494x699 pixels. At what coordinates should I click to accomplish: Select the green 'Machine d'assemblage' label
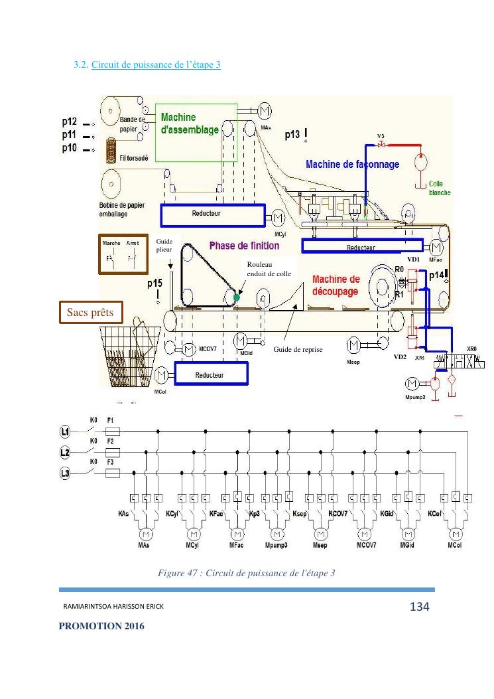click(x=190, y=124)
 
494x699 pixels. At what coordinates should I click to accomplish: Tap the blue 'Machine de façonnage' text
click(x=352, y=164)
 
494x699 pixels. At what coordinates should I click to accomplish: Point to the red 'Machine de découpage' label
click(x=336, y=285)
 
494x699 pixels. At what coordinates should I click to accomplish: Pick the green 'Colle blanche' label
click(x=440, y=188)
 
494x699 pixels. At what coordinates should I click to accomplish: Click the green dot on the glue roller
click(x=237, y=297)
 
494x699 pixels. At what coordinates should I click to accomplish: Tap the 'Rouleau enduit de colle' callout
click(x=269, y=269)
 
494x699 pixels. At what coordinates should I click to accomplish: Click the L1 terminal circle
click(x=65, y=432)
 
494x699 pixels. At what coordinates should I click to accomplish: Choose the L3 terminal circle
click(x=65, y=473)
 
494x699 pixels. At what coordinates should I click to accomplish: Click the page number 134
click(x=420, y=607)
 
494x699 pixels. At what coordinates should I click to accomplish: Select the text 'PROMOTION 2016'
click(x=101, y=626)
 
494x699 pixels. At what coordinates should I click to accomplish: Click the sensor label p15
click(x=154, y=283)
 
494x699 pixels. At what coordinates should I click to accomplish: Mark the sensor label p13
click(x=292, y=135)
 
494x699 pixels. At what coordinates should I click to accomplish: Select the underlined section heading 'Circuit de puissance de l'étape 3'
click(x=156, y=65)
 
